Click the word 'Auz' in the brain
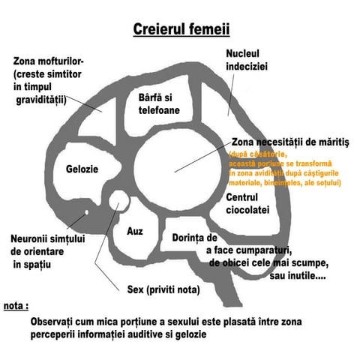click(135, 232)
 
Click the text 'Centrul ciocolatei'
click(247, 204)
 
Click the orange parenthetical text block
click(284, 168)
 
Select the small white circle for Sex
click(118, 200)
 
